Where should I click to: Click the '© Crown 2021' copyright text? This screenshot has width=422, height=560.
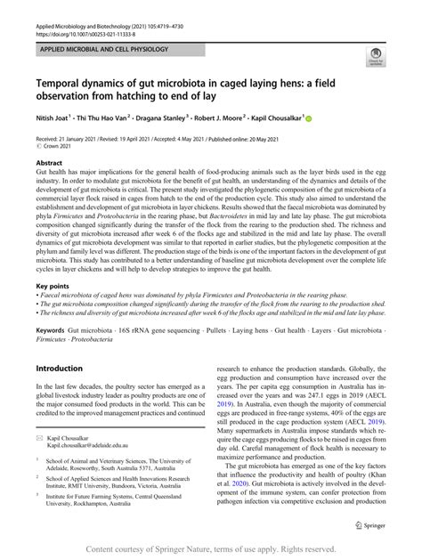click(55, 148)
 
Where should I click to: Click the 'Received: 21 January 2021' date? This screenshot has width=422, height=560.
click(75, 140)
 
